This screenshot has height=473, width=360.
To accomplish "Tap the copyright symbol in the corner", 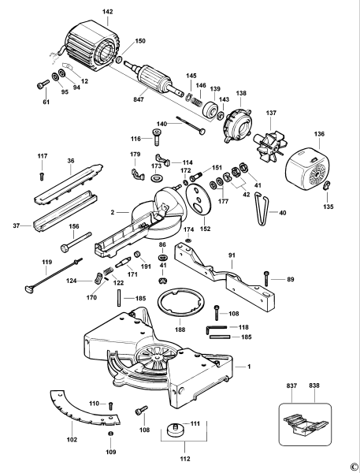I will (354, 466).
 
